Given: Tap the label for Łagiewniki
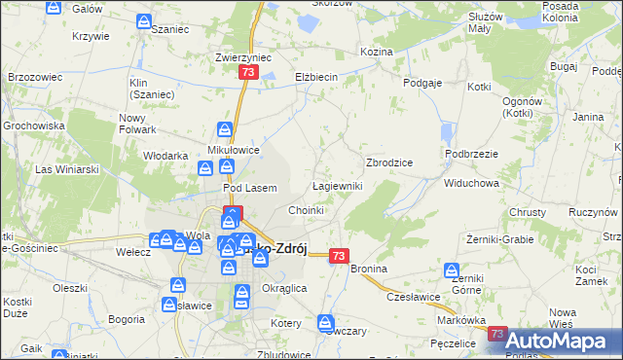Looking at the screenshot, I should [338, 186].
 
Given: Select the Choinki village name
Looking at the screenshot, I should [306, 210].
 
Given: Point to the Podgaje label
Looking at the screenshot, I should [422, 84].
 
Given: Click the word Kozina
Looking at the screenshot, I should [376, 51].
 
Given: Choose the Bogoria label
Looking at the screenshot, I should [128, 318].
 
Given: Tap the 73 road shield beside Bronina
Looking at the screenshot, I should [338, 256].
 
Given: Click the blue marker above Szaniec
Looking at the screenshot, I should [144, 20].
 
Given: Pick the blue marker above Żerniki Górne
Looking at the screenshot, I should [451, 270].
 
